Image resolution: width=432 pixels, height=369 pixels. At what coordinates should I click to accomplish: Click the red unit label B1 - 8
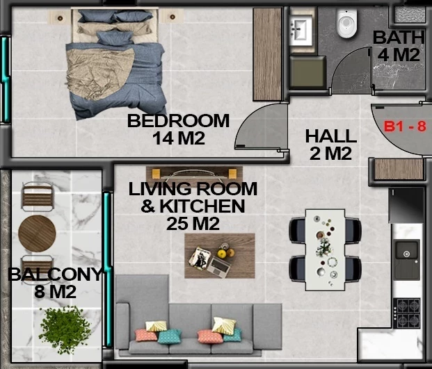click(405, 126)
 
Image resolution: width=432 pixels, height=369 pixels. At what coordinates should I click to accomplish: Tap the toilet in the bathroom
click(347, 24)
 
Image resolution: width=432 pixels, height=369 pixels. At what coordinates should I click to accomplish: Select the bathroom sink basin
click(301, 30)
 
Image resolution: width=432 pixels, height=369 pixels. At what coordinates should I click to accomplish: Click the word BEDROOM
click(178, 120)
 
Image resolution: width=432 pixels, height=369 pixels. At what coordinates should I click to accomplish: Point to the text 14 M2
click(179, 138)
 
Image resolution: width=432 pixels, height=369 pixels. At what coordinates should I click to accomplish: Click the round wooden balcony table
click(37, 233)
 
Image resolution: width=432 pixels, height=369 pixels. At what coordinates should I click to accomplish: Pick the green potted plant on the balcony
click(65, 329)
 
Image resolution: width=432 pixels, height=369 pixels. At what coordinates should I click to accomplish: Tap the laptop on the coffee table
click(219, 267)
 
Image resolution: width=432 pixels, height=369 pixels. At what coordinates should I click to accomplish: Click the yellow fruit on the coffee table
click(222, 254)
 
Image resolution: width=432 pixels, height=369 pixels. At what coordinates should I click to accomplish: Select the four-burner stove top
click(407, 313)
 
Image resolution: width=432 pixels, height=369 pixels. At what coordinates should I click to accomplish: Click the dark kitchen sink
click(407, 259)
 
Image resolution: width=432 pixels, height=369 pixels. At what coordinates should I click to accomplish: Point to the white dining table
click(325, 250)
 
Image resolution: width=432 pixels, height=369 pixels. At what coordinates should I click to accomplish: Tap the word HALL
click(331, 136)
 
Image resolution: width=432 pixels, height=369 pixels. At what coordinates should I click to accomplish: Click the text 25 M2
click(193, 224)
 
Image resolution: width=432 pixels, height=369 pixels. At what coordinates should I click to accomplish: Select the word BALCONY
click(55, 274)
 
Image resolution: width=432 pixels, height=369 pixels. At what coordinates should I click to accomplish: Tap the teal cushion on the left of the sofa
click(170, 336)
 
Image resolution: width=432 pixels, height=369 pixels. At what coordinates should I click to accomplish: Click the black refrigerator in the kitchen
click(406, 205)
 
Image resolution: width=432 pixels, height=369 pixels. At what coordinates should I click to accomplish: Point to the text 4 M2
click(399, 54)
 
